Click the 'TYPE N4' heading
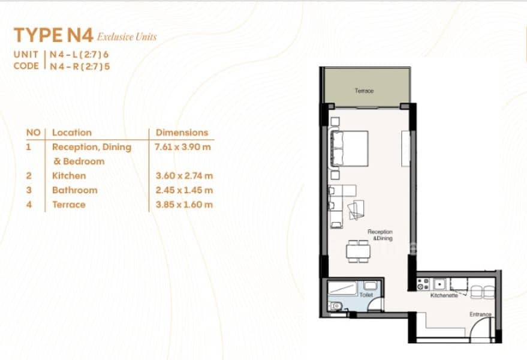point(53,35)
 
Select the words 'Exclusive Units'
point(127,37)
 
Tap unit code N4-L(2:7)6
point(79,54)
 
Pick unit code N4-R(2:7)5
point(80,66)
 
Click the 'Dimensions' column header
point(182,133)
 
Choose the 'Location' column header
point(72,133)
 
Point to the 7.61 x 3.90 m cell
point(182,147)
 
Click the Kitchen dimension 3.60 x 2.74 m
point(184,176)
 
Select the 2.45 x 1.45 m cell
point(184,190)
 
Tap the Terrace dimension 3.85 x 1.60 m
point(184,205)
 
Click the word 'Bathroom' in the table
point(74,190)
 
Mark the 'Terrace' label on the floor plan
point(365,91)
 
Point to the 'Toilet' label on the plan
point(366,295)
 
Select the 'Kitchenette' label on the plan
point(444,295)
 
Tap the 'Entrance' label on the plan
point(480,314)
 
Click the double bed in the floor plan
point(350,148)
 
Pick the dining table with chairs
point(359,251)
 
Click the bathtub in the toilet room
point(342,289)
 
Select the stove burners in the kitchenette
point(423,284)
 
